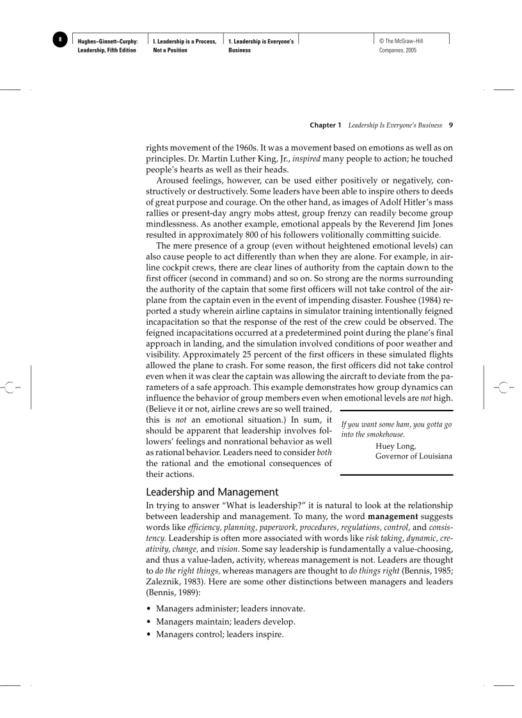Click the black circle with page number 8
[60, 40]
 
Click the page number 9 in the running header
[451, 125]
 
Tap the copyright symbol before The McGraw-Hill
[381, 42]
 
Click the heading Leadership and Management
[212, 492]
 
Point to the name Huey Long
[395, 446]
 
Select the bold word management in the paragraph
[393, 516]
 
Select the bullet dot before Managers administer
[149, 609]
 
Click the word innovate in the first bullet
[286, 609]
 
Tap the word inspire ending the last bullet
[269, 635]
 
